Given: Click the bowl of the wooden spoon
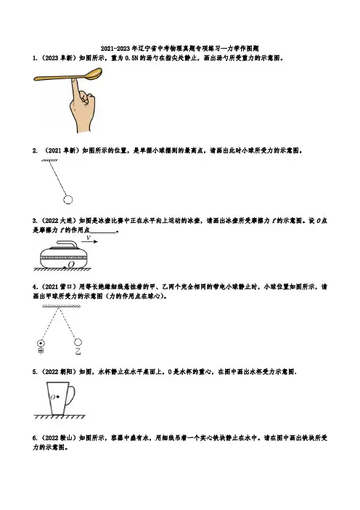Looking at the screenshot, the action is click(94, 73).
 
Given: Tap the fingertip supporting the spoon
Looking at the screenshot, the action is click(75, 81).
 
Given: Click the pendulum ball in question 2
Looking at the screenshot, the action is click(68, 200).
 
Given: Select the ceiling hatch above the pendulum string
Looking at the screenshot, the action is click(49, 160).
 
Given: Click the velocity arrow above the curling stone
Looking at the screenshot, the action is click(89, 241).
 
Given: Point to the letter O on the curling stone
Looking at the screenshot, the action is click(71, 264).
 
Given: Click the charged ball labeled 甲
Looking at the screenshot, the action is click(41, 343).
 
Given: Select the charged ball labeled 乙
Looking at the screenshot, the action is click(78, 342).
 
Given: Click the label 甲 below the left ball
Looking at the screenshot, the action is click(41, 351).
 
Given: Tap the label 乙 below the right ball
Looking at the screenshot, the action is click(78, 351).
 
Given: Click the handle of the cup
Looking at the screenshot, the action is click(71, 395).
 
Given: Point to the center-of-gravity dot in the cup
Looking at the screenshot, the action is click(58, 397).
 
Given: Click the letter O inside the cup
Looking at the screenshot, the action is click(53, 397).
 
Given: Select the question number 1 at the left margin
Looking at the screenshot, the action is click(34, 58).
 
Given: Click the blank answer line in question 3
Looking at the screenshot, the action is click(103, 232).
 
